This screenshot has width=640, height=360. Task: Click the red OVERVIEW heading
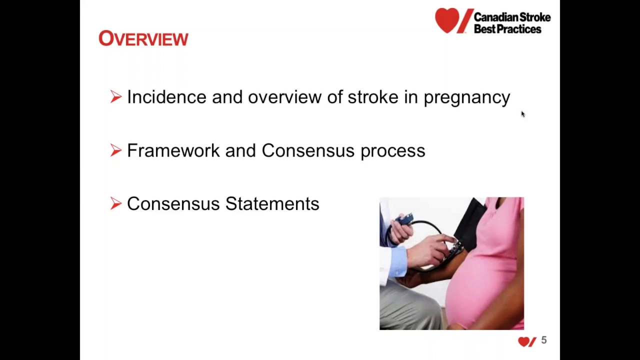143,38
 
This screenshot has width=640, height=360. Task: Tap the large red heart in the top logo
447,20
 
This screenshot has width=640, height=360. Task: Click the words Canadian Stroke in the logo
512,17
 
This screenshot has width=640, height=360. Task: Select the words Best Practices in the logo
507,29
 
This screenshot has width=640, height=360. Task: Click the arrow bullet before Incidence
115,96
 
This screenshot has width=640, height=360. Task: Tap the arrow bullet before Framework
115,150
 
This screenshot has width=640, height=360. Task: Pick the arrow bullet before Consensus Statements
115,203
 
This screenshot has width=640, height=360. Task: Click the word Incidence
166,96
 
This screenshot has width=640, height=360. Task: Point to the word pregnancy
467,98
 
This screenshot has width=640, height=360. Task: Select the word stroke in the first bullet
373,96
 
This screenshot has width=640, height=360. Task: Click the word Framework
173,150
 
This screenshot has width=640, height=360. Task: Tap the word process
393,152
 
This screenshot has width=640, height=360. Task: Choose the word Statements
272,203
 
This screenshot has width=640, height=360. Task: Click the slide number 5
543,340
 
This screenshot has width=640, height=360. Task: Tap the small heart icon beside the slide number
524,341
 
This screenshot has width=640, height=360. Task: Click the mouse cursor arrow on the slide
523,114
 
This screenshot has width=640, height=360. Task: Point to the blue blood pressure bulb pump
403,219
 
